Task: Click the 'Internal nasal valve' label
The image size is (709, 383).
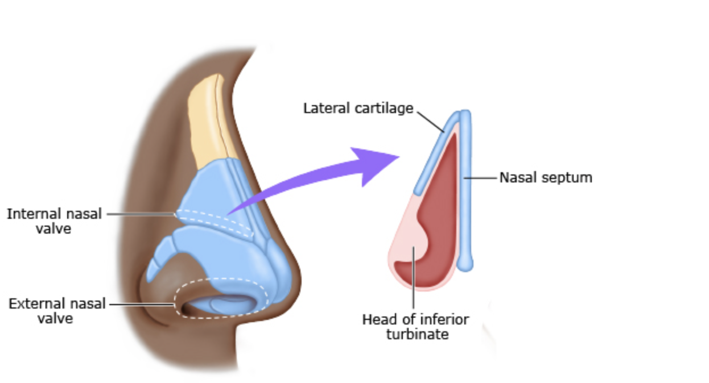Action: click(55, 221)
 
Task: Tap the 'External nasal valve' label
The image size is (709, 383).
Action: click(57, 311)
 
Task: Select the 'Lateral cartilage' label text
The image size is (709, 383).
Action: click(358, 108)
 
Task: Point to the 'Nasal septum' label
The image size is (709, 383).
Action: click(546, 178)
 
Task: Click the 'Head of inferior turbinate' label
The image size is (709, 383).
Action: click(416, 326)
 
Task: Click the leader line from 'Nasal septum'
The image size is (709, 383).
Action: click(483, 178)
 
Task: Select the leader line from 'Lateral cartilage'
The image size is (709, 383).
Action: click(431, 120)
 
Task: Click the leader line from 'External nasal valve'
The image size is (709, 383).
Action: click(142, 304)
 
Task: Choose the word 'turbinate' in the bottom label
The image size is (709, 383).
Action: click(417, 334)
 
